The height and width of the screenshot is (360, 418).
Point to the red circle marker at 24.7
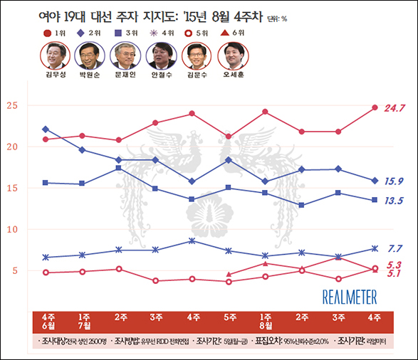point(375,108)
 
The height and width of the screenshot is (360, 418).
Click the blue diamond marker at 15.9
point(375,181)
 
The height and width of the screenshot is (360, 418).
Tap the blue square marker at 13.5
point(375,200)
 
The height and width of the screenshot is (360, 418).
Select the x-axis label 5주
point(229,316)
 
